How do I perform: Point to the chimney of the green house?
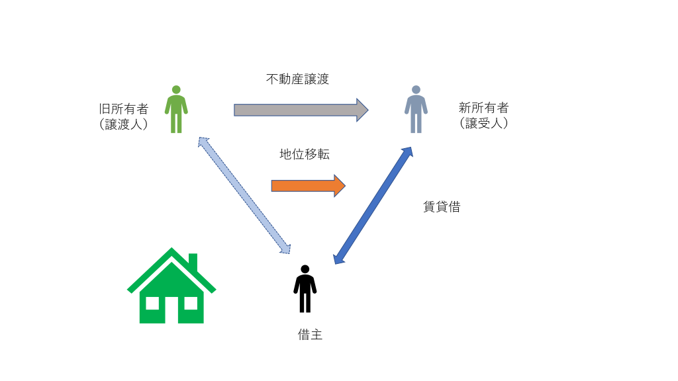193,261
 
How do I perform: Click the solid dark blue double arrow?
373,206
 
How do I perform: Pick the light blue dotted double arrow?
244,196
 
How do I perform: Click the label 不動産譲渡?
297,79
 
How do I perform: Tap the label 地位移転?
305,155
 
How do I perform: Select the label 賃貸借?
442,207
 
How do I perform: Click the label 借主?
310,335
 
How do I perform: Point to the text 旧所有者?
123,108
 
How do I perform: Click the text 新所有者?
483,108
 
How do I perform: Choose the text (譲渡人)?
123,124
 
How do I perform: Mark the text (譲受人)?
483,123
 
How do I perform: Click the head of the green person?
176,90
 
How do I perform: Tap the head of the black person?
305,269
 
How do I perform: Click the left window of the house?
152,303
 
